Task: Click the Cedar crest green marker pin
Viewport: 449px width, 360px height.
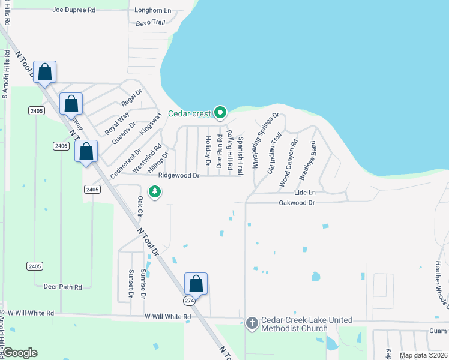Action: coord(220,112)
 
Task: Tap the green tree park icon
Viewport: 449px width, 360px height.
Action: coord(155,192)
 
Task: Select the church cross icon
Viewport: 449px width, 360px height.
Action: coord(252,323)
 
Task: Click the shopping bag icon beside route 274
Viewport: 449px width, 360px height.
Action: coord(196,283)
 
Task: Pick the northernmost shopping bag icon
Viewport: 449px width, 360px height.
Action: coord(45,72)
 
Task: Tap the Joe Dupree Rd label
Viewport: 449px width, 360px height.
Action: coord(74,10)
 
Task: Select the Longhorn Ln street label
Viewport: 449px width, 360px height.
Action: coord(152,10)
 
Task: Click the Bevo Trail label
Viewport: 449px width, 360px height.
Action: coord(149,22)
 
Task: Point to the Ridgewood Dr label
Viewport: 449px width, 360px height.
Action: coord(178,176)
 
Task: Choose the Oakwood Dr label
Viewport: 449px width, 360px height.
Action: coord(297,203)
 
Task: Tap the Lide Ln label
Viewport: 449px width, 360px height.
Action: coord(304,193)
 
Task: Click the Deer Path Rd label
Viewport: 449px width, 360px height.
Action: coord(62,287)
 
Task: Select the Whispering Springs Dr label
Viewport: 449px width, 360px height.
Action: coord(265,140)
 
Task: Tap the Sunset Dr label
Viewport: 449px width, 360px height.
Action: coord(130,284)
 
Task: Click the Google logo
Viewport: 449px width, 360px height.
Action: coord(20,353)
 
